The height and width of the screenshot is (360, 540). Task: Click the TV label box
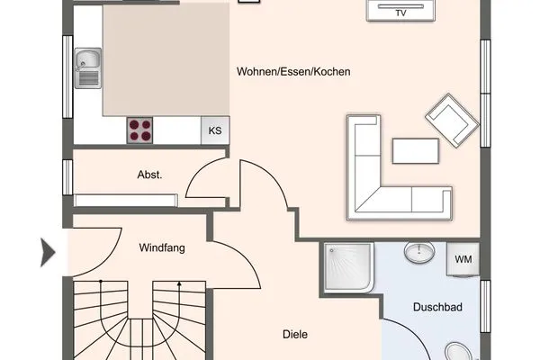[401, 13]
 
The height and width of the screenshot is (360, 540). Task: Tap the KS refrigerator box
[214, 130]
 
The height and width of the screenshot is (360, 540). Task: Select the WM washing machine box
[463, 259]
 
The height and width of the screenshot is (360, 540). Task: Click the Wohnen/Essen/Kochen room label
[293, 72]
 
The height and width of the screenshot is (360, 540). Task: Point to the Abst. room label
[149, 175]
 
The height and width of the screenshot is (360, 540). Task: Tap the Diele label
[293, 334]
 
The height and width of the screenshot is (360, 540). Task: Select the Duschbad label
[437, 308]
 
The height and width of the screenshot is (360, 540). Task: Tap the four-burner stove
[139, 130]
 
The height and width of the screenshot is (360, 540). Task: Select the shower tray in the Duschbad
[347, 267]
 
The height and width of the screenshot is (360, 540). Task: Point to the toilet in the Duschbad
[457, 350]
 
